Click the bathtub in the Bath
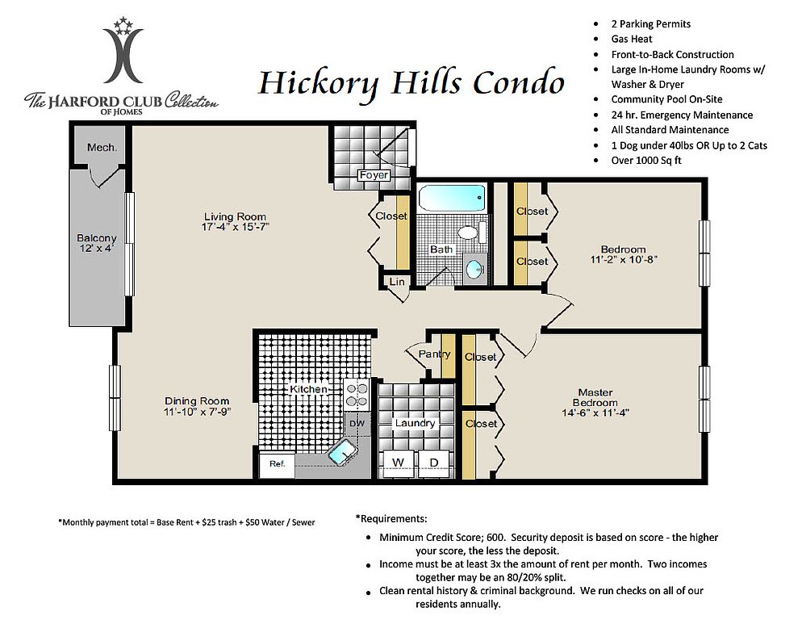pyautogui.click(x=452, y=198)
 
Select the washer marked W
pyautogui.click(x=398, y=463)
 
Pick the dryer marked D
pyautogui.click(x=434, y=463)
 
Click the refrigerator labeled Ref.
pyautogui.click(x=277, y=464)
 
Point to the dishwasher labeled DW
pyautogui.click(x=357, y=424)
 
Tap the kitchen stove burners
pyautogui.click(x=357, y=395)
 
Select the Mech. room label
pyautogui.click(x=102, y=148)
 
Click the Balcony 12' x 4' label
pyautogui.click(x=97, y=243)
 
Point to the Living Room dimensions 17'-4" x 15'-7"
pyautogui.click(x=236, y=227)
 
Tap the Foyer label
pyautogui.click(x=374, y=175)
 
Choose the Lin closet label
pyautogui.click(x=397, y=282)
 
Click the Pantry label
pyautogui.click(x=434, y=354)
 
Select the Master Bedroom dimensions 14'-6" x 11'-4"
pyautogui.click(x=595, y=413)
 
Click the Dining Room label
pyautogui.click(x=197, y=401)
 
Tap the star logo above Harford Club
pyautogui.click(x=123, y=27)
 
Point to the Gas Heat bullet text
pyautogui.click(x=632, y=39)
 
